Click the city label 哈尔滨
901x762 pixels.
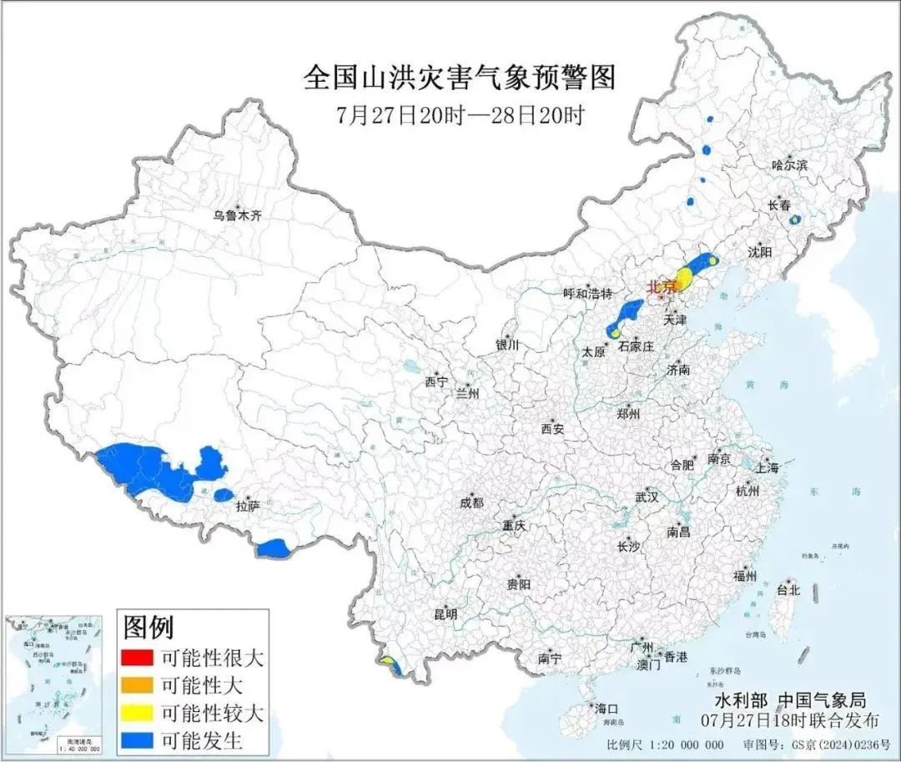(789, 165)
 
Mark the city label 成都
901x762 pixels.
(471, 502)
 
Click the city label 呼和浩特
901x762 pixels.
(587, 293)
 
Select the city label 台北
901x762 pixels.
(788, 590)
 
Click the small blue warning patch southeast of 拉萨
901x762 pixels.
(272, 548)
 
